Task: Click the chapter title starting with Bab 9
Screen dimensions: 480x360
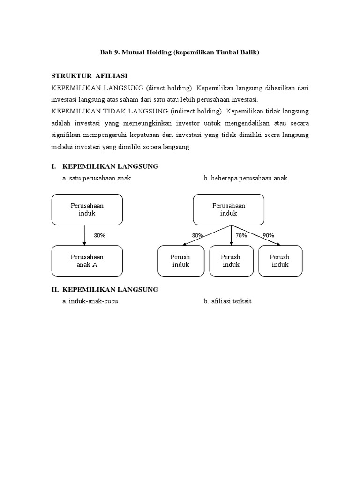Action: (x=180, y=53)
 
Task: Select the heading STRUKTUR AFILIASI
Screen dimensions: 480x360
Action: (x=89, y=75)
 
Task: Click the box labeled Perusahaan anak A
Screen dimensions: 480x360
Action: (x=87, y=261)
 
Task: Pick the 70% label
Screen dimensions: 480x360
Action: (x=241, y=235)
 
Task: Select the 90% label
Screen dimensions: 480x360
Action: (x=269, y=235)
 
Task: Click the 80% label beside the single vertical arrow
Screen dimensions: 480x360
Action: (x=99, y=235)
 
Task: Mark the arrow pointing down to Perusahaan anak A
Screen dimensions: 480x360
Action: (x=84, y=235)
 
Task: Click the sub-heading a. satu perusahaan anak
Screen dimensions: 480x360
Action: (x=96, y=178)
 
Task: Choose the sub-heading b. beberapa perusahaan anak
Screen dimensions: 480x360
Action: (x=245, y=178)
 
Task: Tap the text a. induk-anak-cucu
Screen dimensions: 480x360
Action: (x=90, y=301)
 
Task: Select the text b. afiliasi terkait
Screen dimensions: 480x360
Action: (x=227, y=301)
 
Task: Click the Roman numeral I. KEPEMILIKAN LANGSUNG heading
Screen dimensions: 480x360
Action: (x=105, y=166)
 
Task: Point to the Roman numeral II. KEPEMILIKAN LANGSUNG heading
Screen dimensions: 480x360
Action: (x=105, y=289)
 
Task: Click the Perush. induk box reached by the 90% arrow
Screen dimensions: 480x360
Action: (x=280, y=261)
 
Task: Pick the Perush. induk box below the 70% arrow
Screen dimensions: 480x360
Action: (x=231, y=261)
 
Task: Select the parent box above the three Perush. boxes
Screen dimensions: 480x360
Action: (x=229, y=210)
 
